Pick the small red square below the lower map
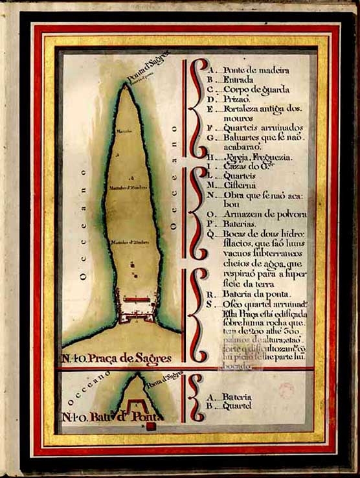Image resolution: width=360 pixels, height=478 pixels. [x=150, y=426]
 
